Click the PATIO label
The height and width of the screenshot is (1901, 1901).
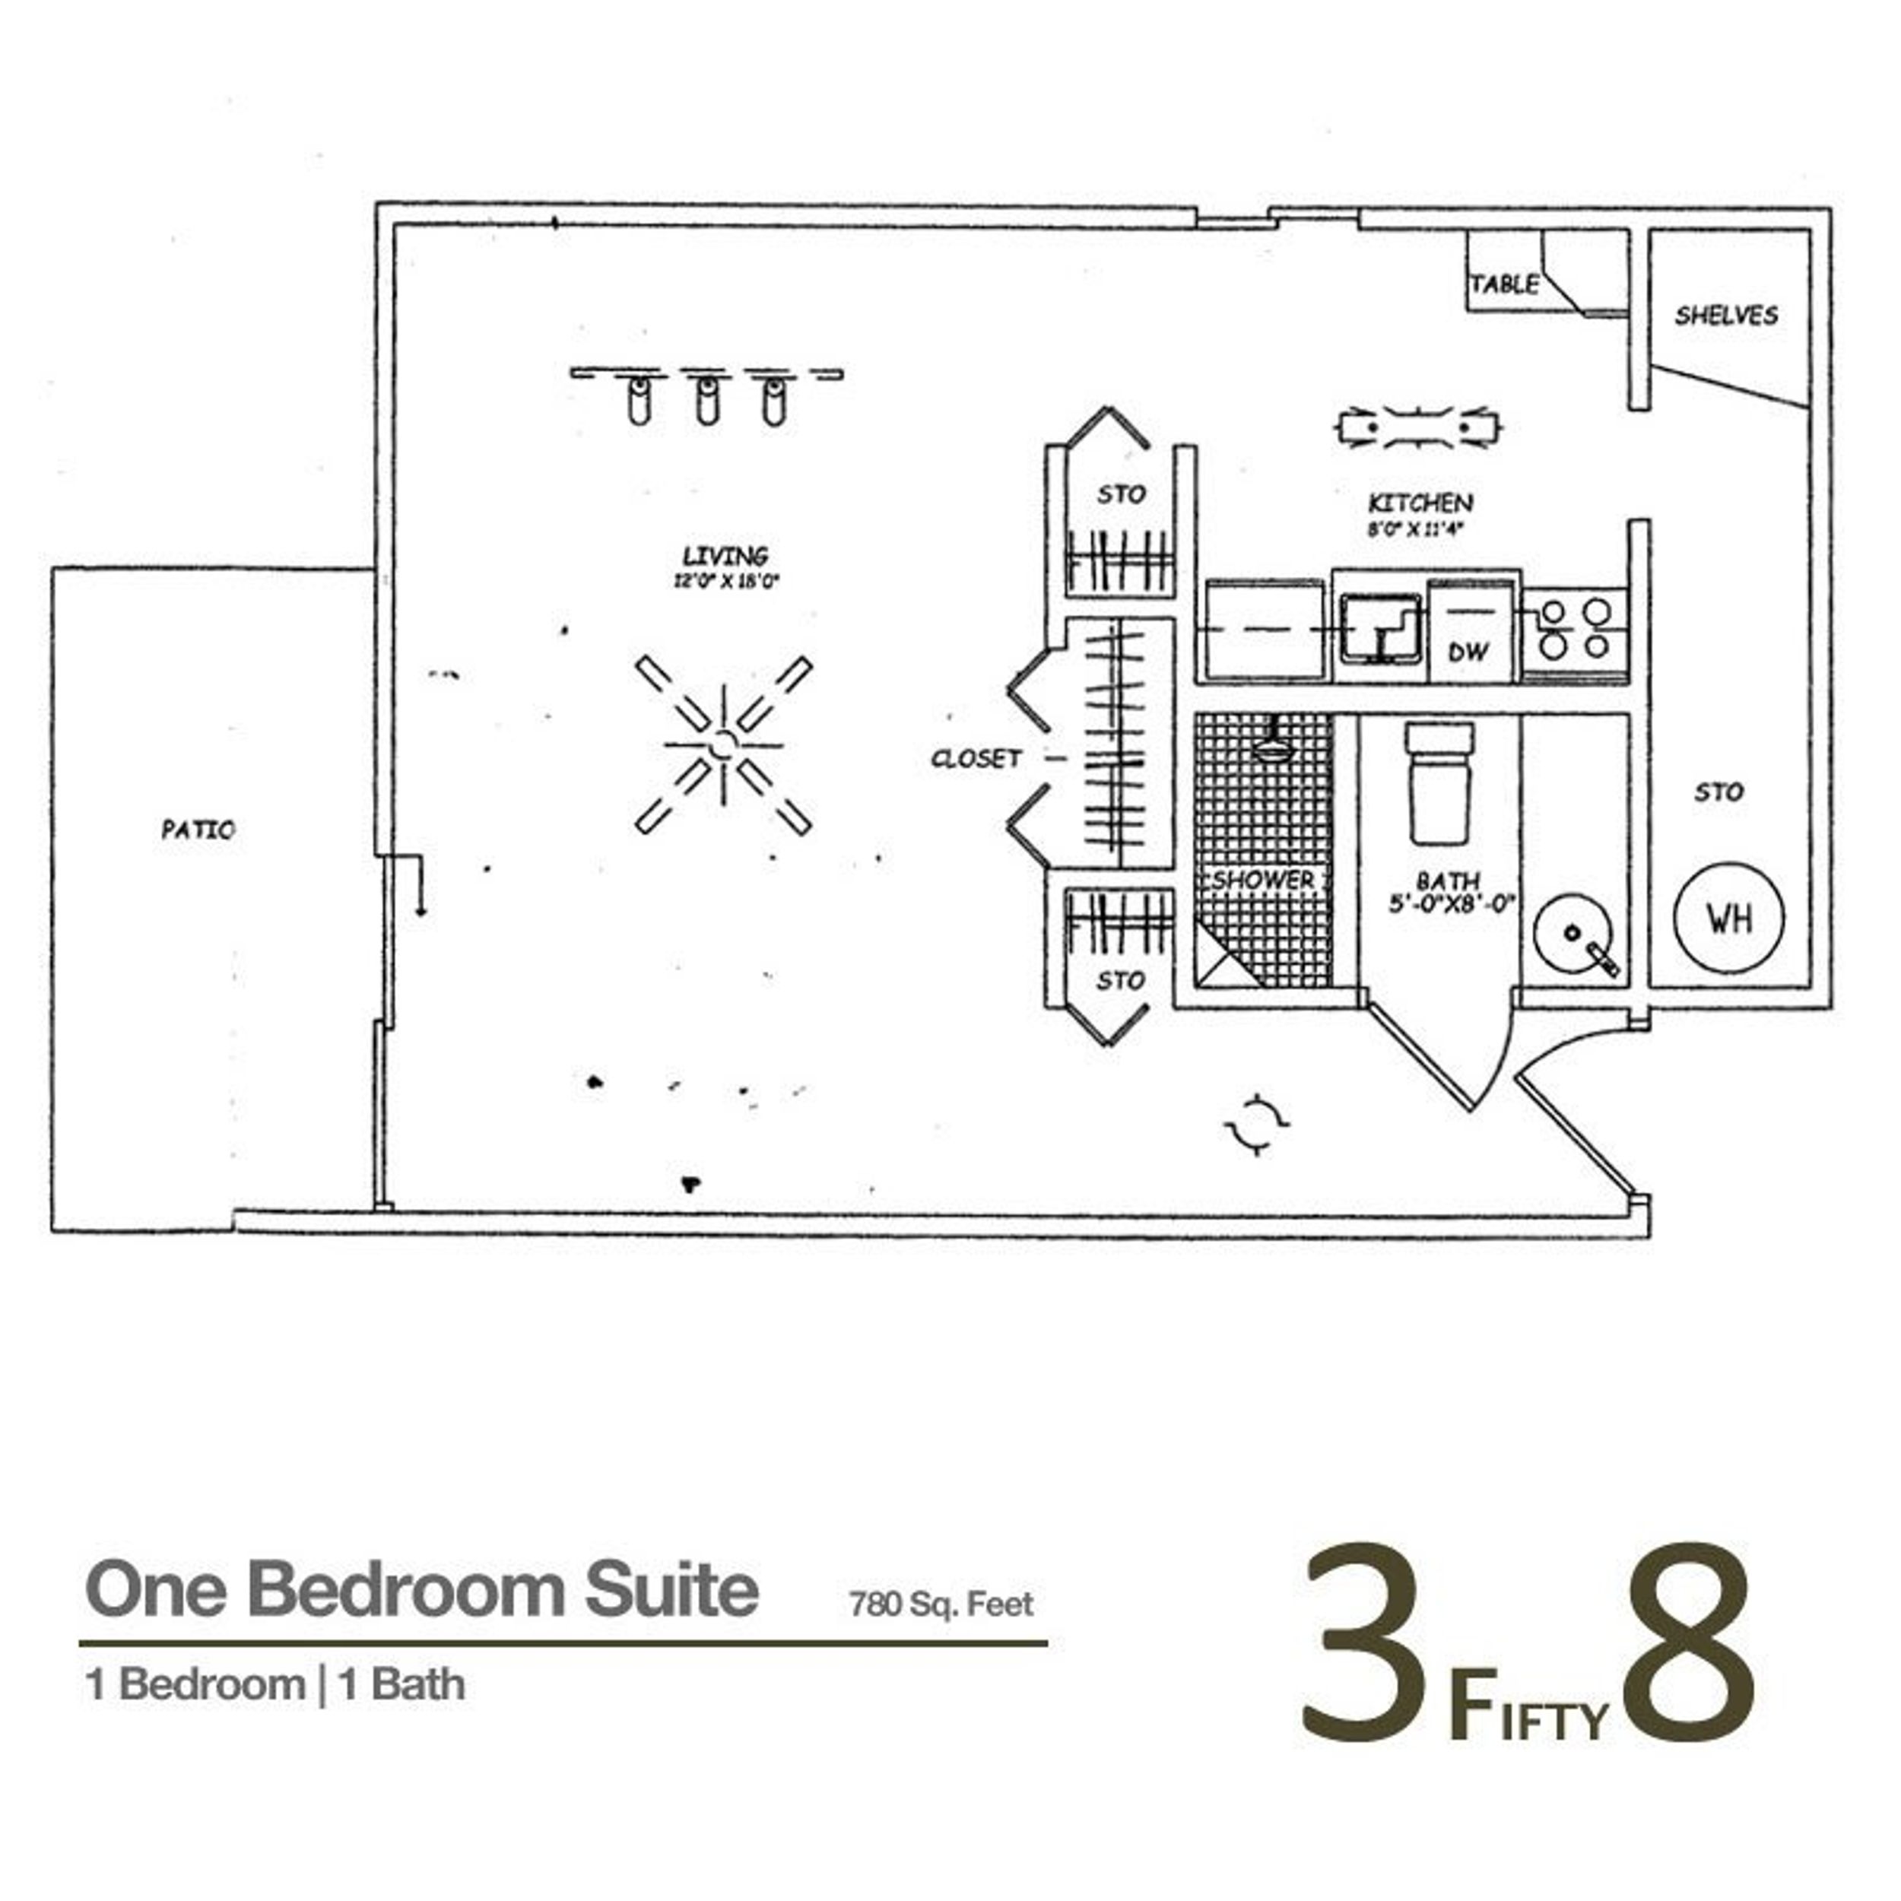[198, 830]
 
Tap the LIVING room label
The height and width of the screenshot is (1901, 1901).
[725, 556]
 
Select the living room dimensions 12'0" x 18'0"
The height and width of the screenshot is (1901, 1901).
[725, 582]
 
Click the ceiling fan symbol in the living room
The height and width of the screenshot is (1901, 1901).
[723, 745]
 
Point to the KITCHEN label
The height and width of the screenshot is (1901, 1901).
[1420, 503]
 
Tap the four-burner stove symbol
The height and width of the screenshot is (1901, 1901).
[1574, 628]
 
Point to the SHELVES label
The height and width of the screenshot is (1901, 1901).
[1726, 315]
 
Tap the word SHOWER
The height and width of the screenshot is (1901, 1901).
[1262, 879]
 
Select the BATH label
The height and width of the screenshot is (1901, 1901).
[1449, 881]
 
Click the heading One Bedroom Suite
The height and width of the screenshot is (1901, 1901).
[422, 1590]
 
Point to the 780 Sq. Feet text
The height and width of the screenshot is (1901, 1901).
[941, 1605]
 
